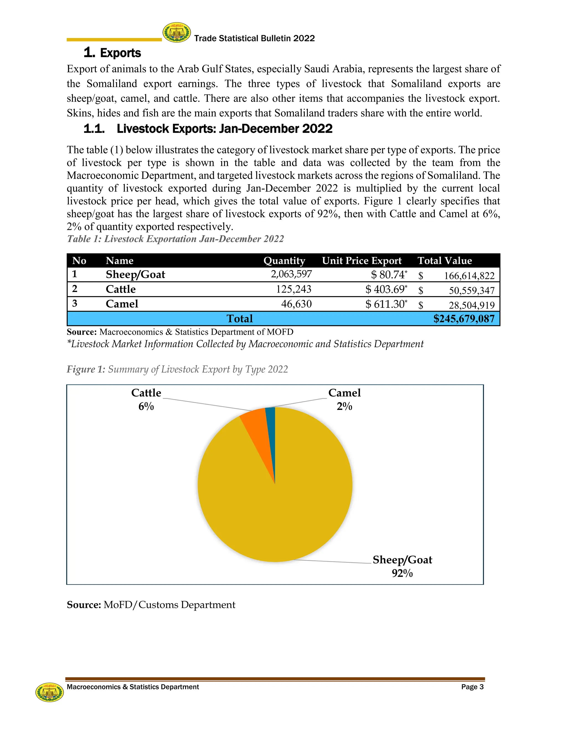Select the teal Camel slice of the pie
tap(271, 420)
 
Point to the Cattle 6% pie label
tap(146, 399)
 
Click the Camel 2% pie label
tap(344, 399)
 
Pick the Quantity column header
tap(284, 261)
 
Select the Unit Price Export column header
tap(362, 261)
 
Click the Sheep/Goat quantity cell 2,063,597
tap(291, 274)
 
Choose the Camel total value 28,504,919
tap(471, 305)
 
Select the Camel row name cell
tap(122, 304)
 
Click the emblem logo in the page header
tap(177, 33)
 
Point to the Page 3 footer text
tap(472, 687)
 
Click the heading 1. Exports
tap(112, 53)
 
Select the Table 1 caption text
tap(175, 239)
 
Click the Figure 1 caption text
tap(177, 369)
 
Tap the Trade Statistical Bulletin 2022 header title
tap(254, 38)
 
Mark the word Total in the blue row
tap(239, 319)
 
